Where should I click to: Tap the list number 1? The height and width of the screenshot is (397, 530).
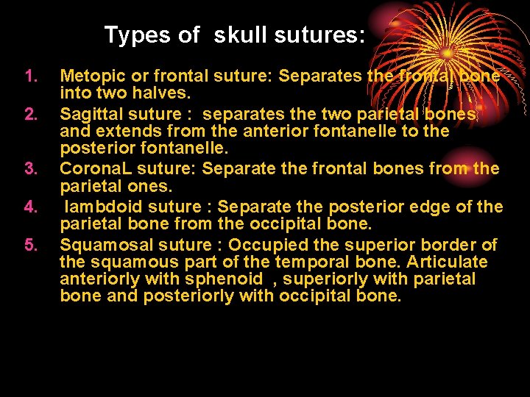pyautogui.click(x=30, y=76)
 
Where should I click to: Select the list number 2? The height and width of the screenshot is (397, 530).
pyautogui.click(x=30, y=113)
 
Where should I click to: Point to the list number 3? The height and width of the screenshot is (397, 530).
pyautogui.click(x=30, y=169)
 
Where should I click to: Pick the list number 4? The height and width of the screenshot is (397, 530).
pyautogui.click(x=30, y=207)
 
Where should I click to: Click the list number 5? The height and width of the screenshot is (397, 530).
pyautogui.click(x=30, y=244)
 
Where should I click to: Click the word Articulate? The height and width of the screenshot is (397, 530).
pyautogui.click(x=450, y=262)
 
